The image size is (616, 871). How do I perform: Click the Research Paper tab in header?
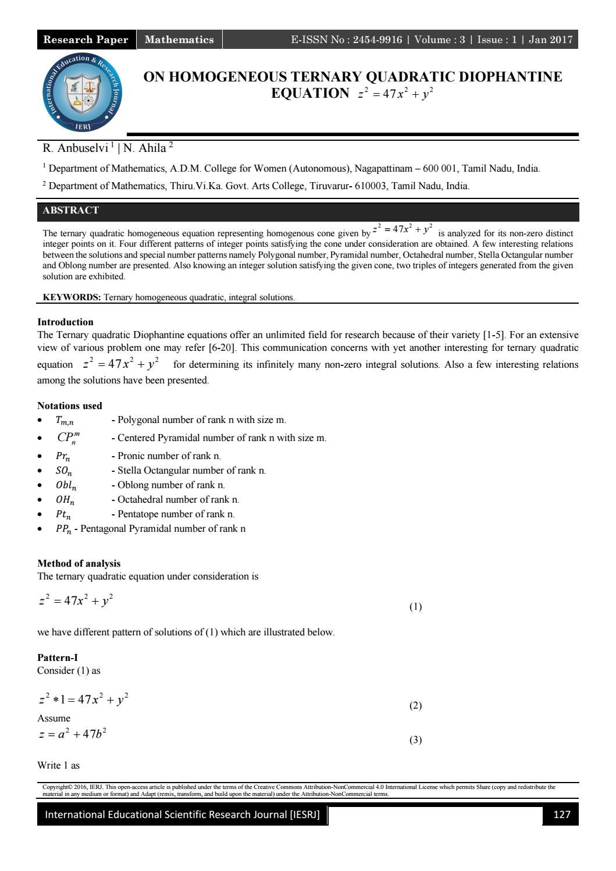pos(86,40)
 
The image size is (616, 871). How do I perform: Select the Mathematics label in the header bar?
pos(179,40)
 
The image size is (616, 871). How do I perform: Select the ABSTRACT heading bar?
pos(71,211)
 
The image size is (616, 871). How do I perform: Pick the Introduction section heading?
pos(65,322)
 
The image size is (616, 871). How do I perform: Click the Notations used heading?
pos(69,406)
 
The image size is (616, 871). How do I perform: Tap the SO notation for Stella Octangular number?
pos(64,471)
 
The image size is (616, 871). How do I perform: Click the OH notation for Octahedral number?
pos(65,500)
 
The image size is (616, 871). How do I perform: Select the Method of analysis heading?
pos(79,563)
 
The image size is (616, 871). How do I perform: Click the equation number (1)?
pos(415,607)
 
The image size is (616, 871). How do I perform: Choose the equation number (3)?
pos(415,740)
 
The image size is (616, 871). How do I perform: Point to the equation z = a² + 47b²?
pos(72,734)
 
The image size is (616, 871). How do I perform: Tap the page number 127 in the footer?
pos(561,815)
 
